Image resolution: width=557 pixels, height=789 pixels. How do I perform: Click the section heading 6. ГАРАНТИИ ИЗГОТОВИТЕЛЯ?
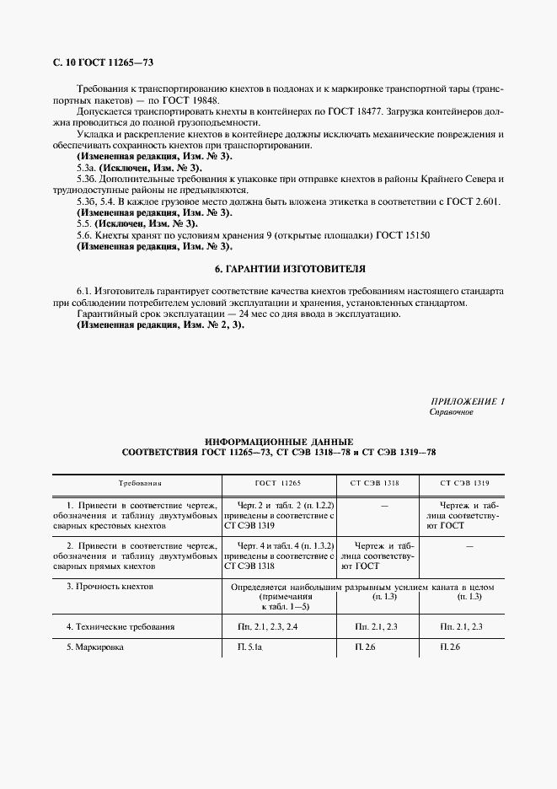tap(278, 269)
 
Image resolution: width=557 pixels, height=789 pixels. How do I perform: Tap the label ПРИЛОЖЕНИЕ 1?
tap(467, 402)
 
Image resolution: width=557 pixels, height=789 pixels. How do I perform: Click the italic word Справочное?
tap(452, 413)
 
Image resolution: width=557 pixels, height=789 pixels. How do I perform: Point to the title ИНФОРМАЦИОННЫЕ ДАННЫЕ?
tap(279, 442)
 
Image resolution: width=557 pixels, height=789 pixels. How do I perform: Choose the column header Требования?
tap(140, 484)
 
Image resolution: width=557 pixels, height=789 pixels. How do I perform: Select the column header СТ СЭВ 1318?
tap(374, 484)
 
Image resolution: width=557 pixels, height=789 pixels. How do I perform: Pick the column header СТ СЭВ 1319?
tap(464, 484)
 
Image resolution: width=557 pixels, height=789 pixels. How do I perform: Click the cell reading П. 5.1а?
tap(251, 647)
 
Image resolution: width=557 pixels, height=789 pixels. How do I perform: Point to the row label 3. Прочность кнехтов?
tap(110, 585)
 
